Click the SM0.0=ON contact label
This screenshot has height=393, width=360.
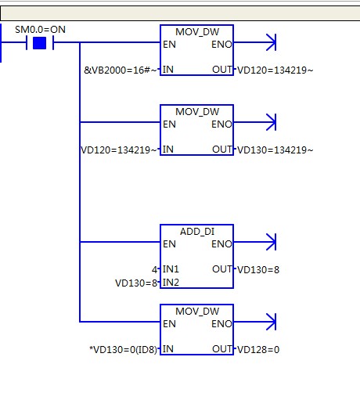coord(40,30)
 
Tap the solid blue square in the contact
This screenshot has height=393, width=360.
coord(40,43)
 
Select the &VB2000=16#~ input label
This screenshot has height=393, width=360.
coord(121,70)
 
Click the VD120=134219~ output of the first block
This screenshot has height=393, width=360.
coord(275,70)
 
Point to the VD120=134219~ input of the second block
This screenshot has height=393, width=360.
coord(119,150)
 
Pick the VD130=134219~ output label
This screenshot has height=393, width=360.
coord(275,150)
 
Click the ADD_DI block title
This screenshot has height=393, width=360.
coord(197,232)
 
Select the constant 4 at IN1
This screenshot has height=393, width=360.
coord(155,269)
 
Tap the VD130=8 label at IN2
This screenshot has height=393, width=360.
coord(136,283)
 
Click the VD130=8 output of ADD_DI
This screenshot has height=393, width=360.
coord(258,269)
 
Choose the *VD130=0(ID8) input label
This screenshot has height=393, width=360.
coord(124,349)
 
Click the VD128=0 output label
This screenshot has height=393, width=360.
coord(258,349)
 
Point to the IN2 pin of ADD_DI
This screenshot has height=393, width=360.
coord(171,283)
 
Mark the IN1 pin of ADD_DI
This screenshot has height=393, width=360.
coord(171,269)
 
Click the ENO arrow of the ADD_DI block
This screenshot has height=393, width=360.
coord(254,242)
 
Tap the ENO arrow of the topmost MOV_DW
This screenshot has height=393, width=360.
coord(254,42)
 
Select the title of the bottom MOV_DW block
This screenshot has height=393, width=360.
coord(197,311)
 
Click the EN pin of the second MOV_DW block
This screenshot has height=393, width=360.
coord(169,124)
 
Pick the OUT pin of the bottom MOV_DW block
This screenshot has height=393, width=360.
coord(222,349)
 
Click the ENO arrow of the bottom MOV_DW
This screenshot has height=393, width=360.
coord(254,322)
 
